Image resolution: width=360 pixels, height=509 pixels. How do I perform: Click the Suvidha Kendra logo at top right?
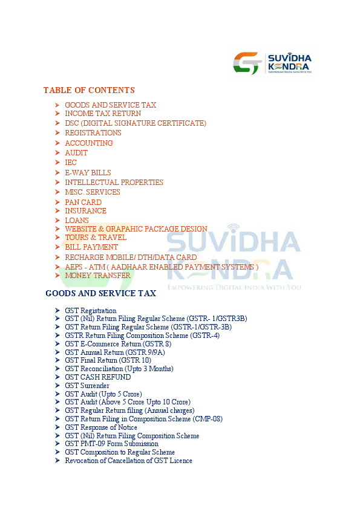[273, 63]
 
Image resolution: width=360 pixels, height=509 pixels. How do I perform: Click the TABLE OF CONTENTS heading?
[89, 90]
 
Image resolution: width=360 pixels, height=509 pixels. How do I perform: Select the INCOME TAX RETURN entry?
[103, 114]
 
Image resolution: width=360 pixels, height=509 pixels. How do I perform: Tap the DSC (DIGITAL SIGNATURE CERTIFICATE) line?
[136, 123]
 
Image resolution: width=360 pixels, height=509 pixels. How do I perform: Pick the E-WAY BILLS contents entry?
[88, 173]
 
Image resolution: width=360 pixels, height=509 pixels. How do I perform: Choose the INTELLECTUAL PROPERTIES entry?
[114, 183]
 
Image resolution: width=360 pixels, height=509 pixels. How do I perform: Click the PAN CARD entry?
[83, 203]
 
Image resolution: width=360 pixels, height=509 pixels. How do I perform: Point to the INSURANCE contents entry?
[85, 211]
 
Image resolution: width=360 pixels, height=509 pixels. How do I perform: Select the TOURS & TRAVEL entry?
[96, 238]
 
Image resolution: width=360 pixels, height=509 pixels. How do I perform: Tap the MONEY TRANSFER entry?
[97, 276]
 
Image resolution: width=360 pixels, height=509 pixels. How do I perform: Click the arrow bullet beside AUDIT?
[56, 153]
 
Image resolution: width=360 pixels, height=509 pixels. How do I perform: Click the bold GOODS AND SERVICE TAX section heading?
[100, 293]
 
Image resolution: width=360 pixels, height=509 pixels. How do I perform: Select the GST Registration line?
[91, 311]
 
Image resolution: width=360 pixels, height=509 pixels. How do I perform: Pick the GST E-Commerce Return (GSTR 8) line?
[118, 344]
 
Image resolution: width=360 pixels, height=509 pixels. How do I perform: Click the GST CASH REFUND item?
[97, 377]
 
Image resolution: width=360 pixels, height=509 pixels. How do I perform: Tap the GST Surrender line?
[87, 386]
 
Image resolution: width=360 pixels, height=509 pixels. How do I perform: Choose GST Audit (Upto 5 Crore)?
[103, 394]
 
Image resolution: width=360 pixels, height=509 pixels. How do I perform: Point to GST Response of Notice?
[101, 427]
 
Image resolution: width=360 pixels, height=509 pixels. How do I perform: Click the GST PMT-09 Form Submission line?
[111, 444]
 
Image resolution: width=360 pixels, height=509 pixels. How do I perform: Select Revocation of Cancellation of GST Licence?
[128, 461]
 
